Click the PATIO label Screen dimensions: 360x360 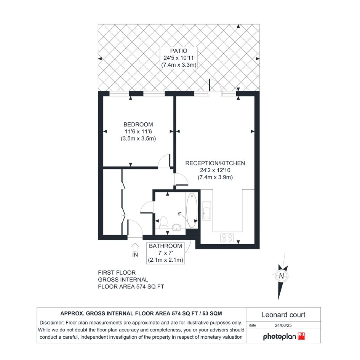coord(179,51)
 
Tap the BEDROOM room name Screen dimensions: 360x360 coord(138,125)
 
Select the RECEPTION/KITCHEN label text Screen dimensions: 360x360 coord(215,163)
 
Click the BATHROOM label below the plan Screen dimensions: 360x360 coord(166,246)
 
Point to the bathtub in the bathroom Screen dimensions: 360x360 coord(192,210)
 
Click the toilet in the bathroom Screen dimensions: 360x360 coord(164,222)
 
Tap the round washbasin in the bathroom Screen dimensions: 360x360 coord(176,227)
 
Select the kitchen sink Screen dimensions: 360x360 coord(206,211)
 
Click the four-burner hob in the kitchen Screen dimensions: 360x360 coord(227,238)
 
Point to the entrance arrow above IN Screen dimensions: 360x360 coord(135,247)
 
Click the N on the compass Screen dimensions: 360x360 coord(282,276)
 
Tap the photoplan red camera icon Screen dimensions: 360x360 coord(301,336)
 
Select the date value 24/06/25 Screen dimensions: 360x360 coord(283,325)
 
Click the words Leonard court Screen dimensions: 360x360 coord(283,315)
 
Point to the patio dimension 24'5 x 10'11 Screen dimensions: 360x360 coord(179,58)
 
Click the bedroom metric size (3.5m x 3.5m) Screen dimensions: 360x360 coord(138,139)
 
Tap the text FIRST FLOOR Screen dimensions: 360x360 coord(117,272)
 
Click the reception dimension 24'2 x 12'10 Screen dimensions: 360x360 coord(215,170)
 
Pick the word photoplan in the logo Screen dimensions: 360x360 coord(280,337)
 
